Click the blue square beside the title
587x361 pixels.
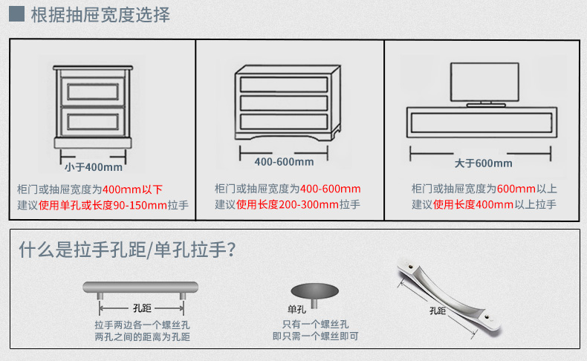[x=16, y=13]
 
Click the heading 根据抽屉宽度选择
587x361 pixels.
[x=100, y=15]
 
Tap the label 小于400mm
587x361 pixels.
[x=94, y=167]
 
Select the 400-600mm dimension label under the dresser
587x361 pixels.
[x=284, y=162]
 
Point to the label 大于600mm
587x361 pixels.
[x=483, y=163]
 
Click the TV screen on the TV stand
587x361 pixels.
[x=484, y=82]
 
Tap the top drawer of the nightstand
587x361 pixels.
[x=93, y=91]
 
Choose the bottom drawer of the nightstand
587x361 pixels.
[x=93, y=122]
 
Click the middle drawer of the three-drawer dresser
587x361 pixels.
[x=284, y=103]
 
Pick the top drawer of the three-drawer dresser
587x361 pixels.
[x=284, y=85]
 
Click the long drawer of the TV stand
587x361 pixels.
[x=481, y=123]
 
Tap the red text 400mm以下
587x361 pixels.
[x=132, y=189]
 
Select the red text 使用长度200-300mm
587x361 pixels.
[x=288, y=204]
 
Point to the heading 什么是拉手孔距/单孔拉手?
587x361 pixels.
[x=127, y=250]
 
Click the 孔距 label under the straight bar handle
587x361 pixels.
[x=142, y=308]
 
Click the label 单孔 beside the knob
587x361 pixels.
[x=297, y=309]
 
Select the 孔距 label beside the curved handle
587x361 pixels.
[x=438, y=311]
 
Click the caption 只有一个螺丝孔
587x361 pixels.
[x=315, y=325]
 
